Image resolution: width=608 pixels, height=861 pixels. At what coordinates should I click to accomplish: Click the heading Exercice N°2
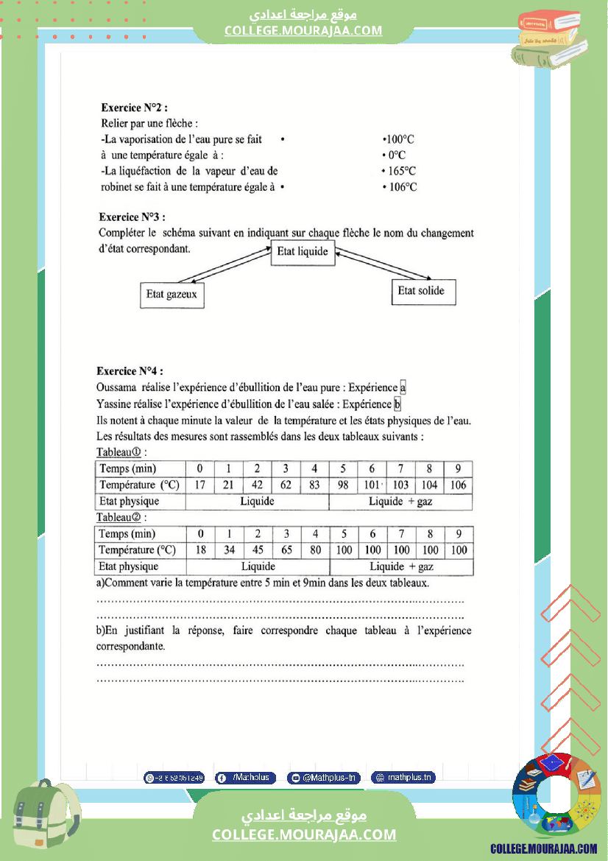point(134,108)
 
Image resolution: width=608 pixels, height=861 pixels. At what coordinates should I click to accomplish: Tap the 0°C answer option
point(395,155)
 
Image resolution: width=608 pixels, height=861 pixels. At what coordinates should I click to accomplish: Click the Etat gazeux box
point(172,295)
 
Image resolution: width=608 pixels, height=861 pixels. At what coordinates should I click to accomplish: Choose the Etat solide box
point(422,291)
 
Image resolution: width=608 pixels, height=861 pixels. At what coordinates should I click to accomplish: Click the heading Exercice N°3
point(132,217)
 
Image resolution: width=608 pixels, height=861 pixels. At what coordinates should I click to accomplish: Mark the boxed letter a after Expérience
point(403,387)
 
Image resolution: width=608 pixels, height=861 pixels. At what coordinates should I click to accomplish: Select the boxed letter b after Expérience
point(397,404)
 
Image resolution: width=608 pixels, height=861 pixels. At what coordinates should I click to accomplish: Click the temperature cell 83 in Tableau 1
point(314,485)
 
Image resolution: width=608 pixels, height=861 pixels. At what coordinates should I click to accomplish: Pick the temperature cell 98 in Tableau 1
point(343,485)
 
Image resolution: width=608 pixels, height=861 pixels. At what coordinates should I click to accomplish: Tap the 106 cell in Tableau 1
point(458,485)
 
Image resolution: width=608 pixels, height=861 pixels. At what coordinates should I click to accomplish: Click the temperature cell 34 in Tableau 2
point(229,550)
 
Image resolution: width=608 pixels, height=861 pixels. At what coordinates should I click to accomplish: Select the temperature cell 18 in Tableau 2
point(200,550)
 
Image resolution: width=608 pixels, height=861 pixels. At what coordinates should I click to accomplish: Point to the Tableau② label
point(121,517)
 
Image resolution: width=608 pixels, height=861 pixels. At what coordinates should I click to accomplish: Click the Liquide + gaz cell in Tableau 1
point(400,502)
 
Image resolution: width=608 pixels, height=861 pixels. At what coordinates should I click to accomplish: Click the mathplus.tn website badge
point(403,777)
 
